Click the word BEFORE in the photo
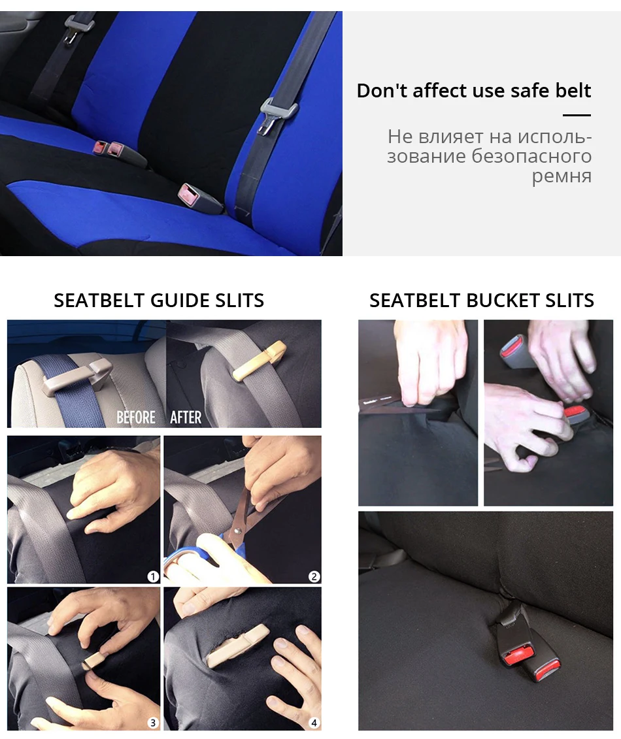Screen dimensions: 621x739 [136, 417]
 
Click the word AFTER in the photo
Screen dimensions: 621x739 [186, 417]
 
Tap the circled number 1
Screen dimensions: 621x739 [153, 576]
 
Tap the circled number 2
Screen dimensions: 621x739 [314, 576]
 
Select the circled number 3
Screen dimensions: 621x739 [153, 723]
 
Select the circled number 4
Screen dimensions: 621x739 [314, 723]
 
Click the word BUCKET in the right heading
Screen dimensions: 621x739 [502, 300]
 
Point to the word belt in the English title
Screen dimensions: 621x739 [573, 90]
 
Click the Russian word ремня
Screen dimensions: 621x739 [562, 176]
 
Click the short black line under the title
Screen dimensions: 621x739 [577, 115]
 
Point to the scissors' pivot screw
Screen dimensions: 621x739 [237, 531]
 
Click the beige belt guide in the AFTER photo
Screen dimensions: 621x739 [260, 361]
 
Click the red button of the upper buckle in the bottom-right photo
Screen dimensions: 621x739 [518, 655]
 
